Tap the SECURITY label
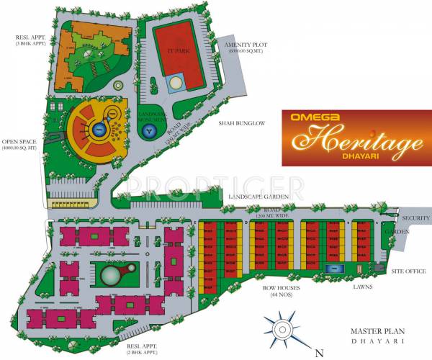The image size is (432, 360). point(416,217)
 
